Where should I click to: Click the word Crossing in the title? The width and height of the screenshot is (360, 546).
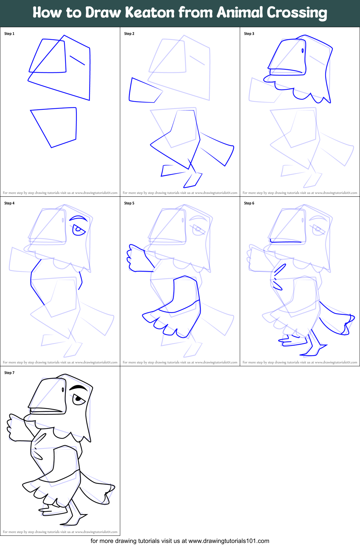coord(296,13)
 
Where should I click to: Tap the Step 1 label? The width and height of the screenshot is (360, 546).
coord(9,34)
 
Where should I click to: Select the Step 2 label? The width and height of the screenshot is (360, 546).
coord(129,34)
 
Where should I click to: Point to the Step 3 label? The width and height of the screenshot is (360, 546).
coord(249,34)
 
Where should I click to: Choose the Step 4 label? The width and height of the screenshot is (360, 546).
coord(9,203)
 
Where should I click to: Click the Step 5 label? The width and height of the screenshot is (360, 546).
coord(129,203)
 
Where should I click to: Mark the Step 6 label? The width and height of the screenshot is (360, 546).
coord(249,203)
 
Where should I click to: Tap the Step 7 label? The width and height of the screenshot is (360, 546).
coord(9,373)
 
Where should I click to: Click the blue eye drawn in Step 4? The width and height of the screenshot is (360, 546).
coord(78,230)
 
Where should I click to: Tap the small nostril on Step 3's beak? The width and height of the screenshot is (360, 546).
coord(303,51)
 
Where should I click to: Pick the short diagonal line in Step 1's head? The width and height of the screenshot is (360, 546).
coord(77,60)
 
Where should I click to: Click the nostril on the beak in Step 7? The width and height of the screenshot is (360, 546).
coord(63,389)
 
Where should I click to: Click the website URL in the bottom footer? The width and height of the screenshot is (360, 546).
coord(229,541)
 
